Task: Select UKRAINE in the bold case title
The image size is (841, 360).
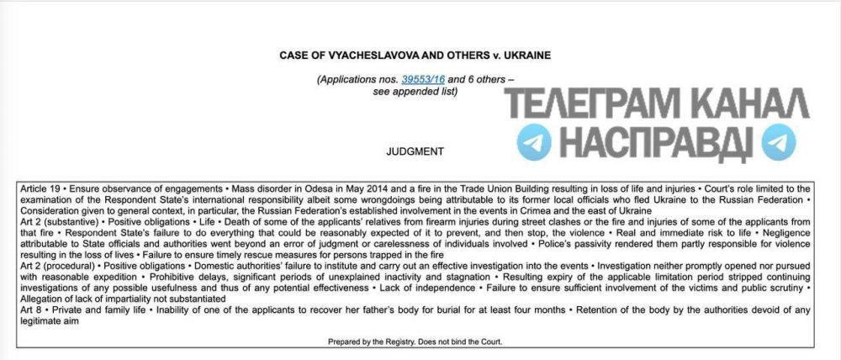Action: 525,56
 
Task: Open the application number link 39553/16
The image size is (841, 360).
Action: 423,79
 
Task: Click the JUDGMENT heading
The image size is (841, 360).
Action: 414,152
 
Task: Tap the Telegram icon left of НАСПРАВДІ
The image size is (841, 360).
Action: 533,144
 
